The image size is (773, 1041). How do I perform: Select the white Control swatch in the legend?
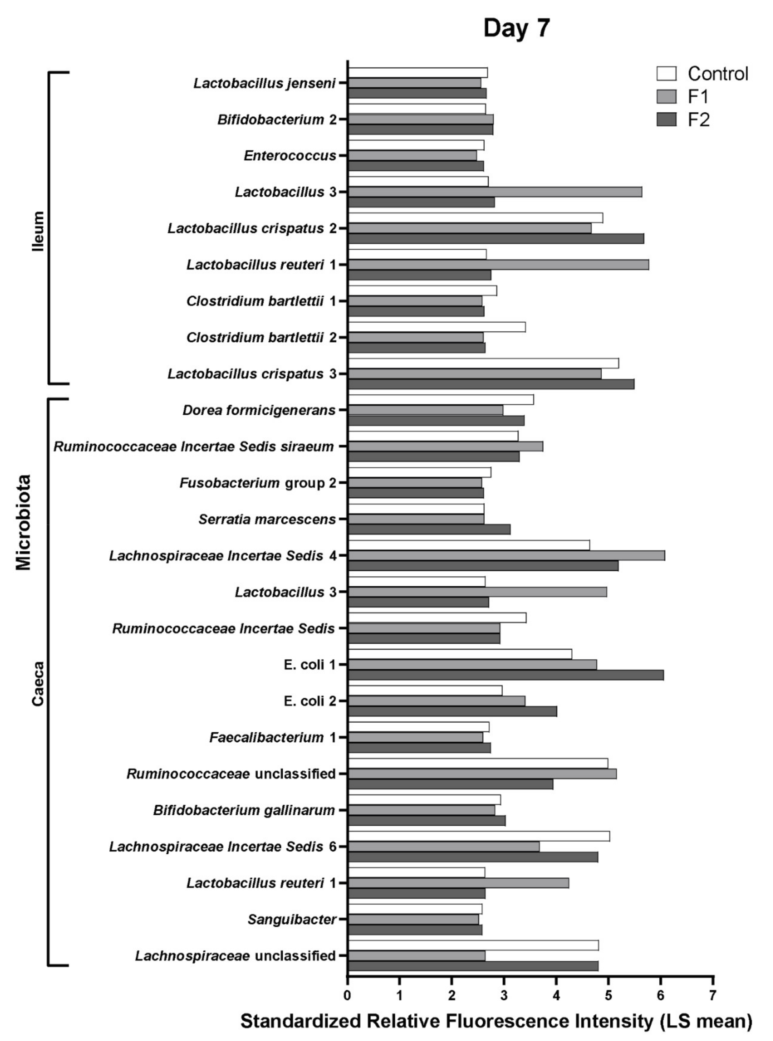pyautogui.click(x=666, y=73)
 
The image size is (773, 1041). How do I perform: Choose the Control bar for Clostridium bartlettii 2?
pyautogui.click(x=437, y=327)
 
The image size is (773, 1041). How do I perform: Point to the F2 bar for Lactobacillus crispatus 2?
pyautogui.click(x=496, y=239)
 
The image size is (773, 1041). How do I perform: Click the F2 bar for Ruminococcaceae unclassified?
pyautogui.click(x=450, y=784)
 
